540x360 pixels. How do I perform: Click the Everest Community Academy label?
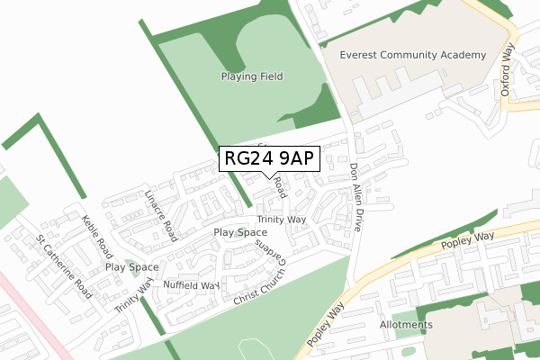click(x=413, y=55)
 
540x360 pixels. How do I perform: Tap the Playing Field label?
click(x=252, y=76)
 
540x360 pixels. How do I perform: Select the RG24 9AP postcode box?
click(x=269, y=158)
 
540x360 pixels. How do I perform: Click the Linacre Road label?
click(x=163, y=214)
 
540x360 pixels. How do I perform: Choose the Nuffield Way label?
click(x=191, y=285)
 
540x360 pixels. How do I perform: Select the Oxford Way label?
click(x=509, y=72)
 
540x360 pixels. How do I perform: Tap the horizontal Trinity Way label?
click(x=282, y=220)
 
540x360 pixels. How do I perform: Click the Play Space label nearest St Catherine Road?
click(x=132, y=267)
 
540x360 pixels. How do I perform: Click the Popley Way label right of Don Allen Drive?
click(x=468, y=239)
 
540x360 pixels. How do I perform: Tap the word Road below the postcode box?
click(x=281, y=187)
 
